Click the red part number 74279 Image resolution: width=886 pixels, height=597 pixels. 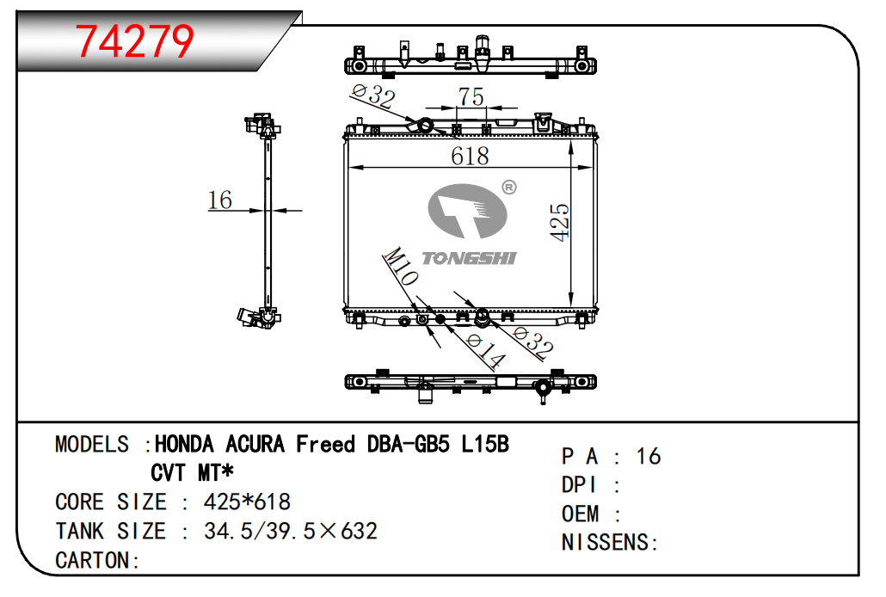pos(134,41)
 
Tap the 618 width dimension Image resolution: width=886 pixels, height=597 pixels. pos(470,156)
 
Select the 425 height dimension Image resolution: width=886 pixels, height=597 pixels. pos(559,222)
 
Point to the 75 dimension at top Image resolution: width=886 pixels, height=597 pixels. pos(471,96)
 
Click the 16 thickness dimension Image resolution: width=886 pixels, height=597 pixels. pos(220,200)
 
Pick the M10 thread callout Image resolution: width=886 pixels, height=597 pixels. pos(401,266)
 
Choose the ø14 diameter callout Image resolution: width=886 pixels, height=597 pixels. pos(486,351)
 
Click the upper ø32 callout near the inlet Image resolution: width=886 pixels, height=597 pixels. pos(373,95)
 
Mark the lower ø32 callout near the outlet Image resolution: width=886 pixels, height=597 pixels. pos(532,342)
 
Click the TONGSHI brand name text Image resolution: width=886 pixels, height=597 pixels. pos(469,258)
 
